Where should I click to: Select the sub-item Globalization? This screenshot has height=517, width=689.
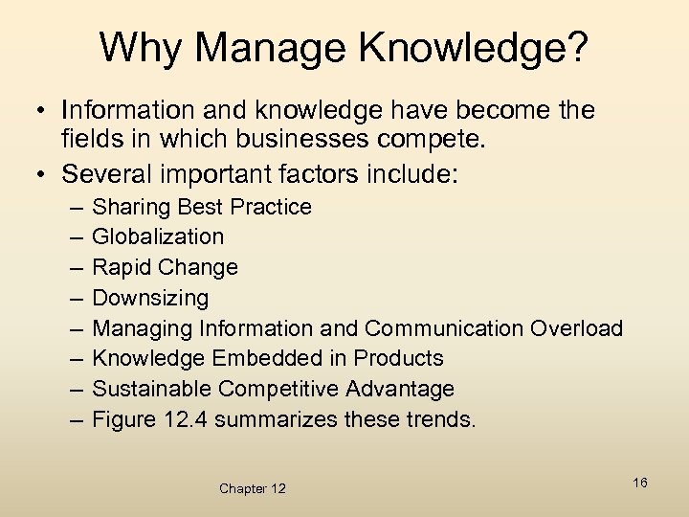(158, 236)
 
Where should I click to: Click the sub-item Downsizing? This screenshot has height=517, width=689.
(150, 298)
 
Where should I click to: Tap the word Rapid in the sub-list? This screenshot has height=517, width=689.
(121, 267)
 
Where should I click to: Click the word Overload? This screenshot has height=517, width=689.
(574, 328)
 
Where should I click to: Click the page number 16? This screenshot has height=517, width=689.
(640, 483)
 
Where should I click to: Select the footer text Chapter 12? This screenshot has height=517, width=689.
(253, 488)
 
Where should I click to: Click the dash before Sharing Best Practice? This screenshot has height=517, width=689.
(75, 207)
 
